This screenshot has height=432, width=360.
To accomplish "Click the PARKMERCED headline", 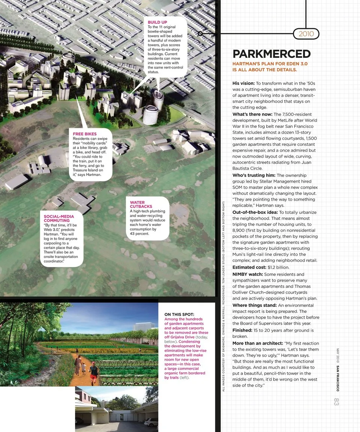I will (271, 54).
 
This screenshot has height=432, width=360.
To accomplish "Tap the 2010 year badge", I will (306, 34).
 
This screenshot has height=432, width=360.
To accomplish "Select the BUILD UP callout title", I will (157, 22).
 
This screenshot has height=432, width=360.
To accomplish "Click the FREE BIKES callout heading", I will (85, 134).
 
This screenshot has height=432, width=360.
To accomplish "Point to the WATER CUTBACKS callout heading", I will (141, 204).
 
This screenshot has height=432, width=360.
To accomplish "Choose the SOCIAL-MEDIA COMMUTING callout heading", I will (59, 218).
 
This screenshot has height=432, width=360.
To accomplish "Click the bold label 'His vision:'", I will (243, 83).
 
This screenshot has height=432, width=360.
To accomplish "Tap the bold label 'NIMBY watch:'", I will (247, 274).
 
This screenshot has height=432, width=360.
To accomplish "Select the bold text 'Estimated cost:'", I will (249, 267).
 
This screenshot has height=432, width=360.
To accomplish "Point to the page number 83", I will (336, 401).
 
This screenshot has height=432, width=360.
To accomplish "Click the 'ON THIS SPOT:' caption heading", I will (179, 314).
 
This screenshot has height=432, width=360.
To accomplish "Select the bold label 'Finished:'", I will (242, 330).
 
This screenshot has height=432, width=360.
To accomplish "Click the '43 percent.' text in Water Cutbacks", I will (139, 234).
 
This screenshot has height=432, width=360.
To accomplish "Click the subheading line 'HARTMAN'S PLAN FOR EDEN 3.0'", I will (270, 64).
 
